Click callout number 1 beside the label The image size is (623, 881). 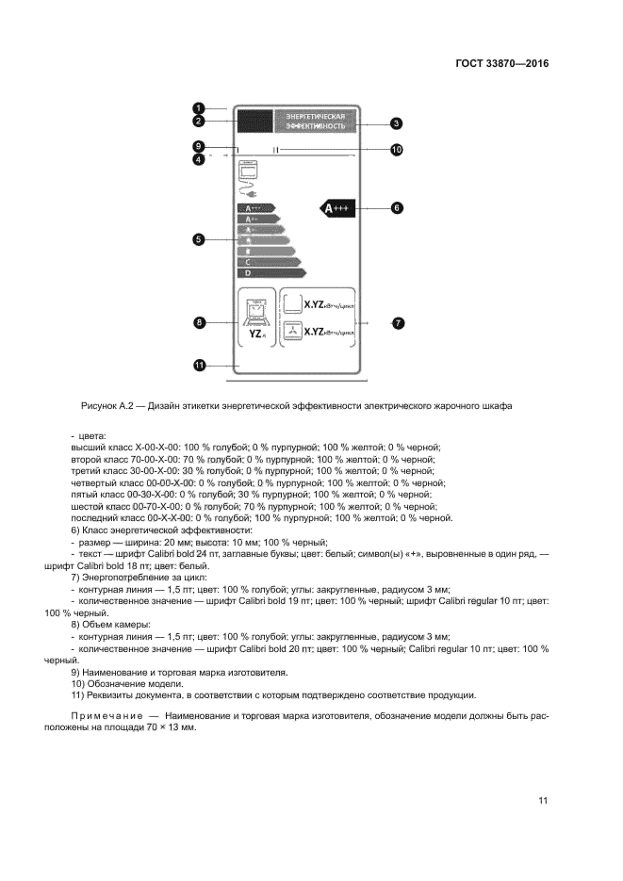pos(200,106)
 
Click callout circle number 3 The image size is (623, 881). pos(397,122)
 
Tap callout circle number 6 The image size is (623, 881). pos(397,207)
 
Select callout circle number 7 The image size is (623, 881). pos(397,322)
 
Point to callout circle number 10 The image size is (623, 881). pos(397,149)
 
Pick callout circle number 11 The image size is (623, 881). pos(200,366)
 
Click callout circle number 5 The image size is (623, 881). pos(200,240)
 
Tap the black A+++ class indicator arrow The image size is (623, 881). pos(339,208)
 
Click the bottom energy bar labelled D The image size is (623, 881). pos(269,272)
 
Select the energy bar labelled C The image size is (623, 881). pos(266,262)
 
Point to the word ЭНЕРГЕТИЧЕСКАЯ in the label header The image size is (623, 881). pos(316,116)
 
